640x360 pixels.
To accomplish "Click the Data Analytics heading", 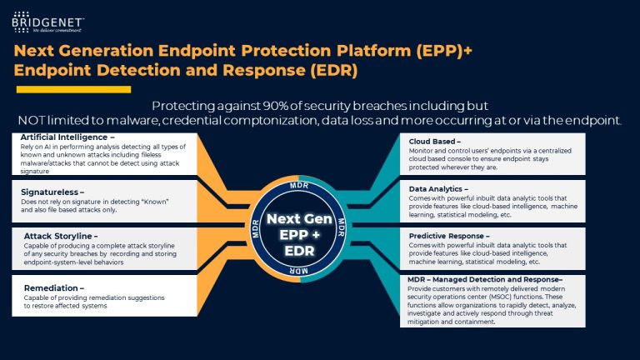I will (x=444, y=189).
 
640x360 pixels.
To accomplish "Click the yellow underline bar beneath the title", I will (x=73, y=89).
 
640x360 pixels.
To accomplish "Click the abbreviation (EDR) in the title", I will (x=327, y=71).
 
